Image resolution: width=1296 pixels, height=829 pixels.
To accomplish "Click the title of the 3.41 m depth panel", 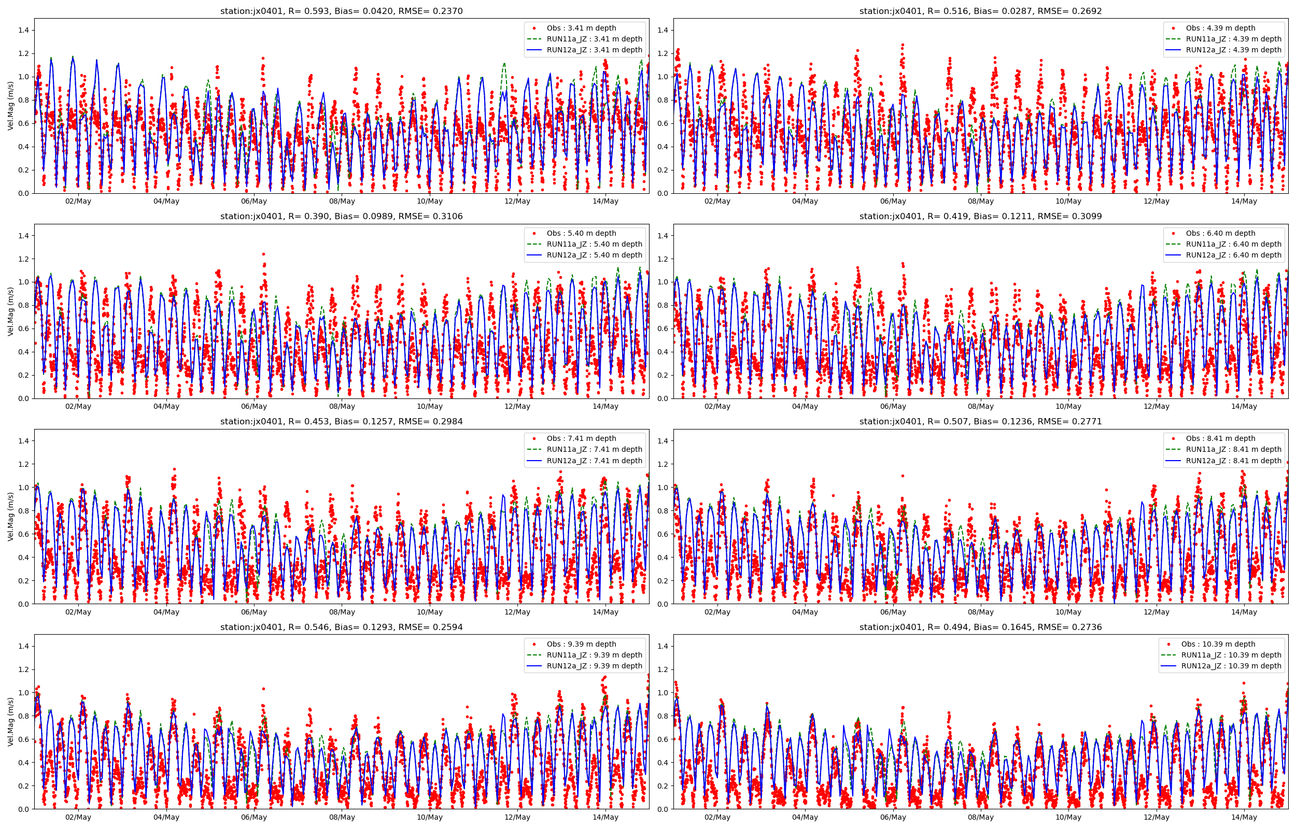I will (341, 11).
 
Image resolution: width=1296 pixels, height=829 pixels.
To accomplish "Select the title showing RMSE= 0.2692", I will (980, 11).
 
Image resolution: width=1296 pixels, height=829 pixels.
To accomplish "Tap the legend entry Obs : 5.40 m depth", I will (581, 233).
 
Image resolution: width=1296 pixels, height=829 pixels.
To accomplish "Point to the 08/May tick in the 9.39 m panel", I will (342, 817).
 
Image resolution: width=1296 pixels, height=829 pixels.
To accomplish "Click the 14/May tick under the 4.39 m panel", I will (1244, 202).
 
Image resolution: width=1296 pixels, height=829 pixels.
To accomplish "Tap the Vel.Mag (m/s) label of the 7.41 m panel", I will (11, 517).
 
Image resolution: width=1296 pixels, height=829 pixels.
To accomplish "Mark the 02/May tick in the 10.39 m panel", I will (717, 817).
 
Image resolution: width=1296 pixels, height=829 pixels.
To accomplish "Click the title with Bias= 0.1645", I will (980, 627).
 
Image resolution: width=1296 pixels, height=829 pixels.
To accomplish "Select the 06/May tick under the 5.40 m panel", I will (253, 406).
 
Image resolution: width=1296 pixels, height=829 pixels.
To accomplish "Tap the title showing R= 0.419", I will (980, 217).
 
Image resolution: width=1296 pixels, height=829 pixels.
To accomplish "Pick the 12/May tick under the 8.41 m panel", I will (1156, 612).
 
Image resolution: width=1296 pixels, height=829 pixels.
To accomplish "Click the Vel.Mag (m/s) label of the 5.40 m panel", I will (11, 311).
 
